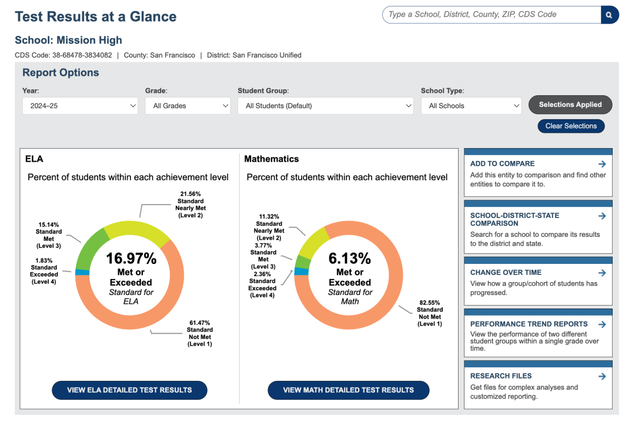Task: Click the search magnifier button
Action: click(610, 15)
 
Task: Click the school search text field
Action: click(492, 15)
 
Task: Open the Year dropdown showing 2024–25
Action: click(80, 106)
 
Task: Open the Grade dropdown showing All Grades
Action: click(188, 106)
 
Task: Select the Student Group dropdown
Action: click(326, 106)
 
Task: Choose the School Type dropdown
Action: click(472, 106)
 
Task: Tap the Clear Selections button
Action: click(571, 126)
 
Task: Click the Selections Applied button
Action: click(570, 105)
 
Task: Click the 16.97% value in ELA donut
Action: click(131, 258)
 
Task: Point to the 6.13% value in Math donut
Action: click(350, 258)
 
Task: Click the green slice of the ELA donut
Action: click(89, 249)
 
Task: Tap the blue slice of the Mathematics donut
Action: click(301, 272)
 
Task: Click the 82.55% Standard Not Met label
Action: click(430, 313)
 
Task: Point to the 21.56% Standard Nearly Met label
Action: click(190, 205)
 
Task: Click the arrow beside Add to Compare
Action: click(602, 164)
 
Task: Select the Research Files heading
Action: click(501, 376)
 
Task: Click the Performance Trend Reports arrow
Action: click(602, 324)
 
